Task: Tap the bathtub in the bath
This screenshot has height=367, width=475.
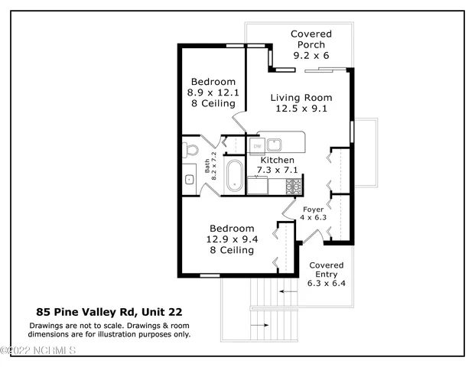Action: point(235,176)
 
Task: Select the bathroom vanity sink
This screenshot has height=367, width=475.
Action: point(190,180)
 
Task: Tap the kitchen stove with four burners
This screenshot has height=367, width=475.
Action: point(294,185)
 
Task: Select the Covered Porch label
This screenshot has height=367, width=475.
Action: point(311,39)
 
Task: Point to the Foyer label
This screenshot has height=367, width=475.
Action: point(314,209)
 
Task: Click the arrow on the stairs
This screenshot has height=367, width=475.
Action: point(288,291)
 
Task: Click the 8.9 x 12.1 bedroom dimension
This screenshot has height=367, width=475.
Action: point(213,93)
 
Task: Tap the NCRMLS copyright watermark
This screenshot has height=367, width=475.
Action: point(38,350)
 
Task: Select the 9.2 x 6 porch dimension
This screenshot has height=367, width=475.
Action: point(311,56)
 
